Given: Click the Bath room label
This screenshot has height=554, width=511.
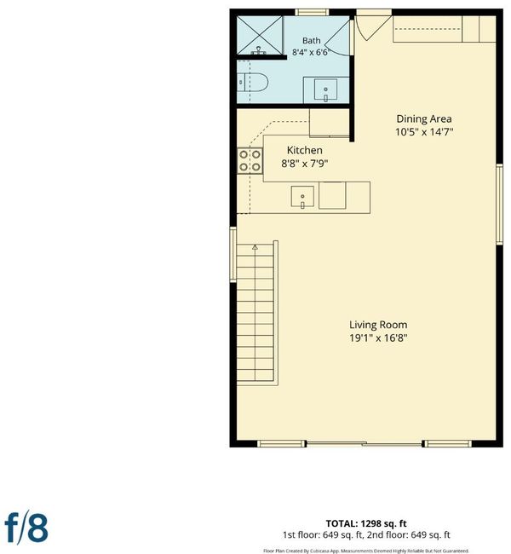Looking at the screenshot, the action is [311, 41].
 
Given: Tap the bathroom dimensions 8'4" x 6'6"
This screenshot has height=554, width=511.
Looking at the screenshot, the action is [311, 52].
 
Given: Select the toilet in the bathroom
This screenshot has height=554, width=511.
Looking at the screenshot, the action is [252, 83].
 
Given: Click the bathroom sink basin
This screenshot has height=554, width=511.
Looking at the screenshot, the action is [325, 89].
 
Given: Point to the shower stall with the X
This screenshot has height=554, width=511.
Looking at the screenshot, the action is [260, 35].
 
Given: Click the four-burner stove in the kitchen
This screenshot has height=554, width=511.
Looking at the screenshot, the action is [250, 161].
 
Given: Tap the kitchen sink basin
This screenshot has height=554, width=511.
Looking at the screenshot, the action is [302, 197].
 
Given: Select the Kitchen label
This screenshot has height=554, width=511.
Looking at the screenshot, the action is [304, 150].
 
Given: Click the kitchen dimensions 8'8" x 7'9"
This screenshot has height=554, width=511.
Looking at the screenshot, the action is [304, 164].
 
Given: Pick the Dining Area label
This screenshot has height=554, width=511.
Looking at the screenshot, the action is [424, 118].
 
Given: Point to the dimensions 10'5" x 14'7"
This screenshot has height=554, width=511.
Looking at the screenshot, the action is [424, 132].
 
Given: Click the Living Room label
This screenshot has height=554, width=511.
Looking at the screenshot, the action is [378, 325].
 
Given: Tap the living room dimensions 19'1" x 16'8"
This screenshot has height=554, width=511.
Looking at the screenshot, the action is [378, 338].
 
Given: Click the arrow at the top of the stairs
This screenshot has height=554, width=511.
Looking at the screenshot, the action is [255, 247].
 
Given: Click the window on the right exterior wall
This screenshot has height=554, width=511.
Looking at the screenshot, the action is [499, 205].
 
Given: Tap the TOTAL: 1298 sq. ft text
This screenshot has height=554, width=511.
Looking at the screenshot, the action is [366, 523].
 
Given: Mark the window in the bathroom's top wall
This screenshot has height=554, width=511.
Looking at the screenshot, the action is [312, 13].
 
